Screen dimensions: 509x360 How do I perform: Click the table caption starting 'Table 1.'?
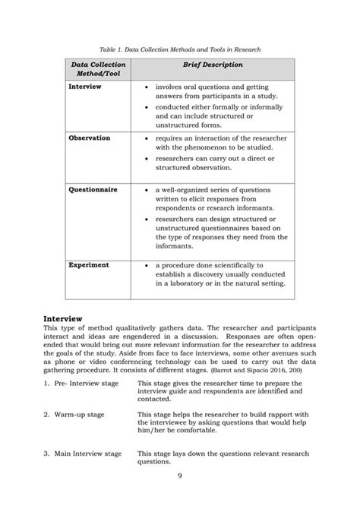coord(179,49)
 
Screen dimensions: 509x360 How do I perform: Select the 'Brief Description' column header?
coord(210,66)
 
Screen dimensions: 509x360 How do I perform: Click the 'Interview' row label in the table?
coord(84,87)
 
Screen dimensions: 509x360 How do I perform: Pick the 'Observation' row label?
coord(90,138)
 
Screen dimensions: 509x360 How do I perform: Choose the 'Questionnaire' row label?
coord(93,189)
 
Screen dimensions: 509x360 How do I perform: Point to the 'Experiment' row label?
coord(89,265)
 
